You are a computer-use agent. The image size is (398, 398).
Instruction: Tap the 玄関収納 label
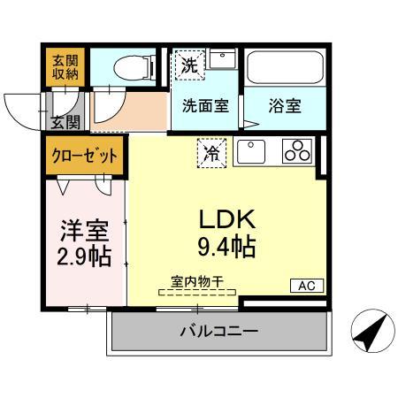[65, 66]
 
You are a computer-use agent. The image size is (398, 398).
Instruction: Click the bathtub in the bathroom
[284, 66]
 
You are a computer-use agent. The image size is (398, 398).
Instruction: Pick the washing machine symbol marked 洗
[189, 65]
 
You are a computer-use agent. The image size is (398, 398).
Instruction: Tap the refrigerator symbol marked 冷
[211, 152]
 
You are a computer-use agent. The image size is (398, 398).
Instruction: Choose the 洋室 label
[84, 232]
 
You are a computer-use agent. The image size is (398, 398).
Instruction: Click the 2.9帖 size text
[84, 257]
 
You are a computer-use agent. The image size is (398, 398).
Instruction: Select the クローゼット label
[85, 157]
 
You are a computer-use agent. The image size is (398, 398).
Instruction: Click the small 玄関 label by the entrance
[65, 121]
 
